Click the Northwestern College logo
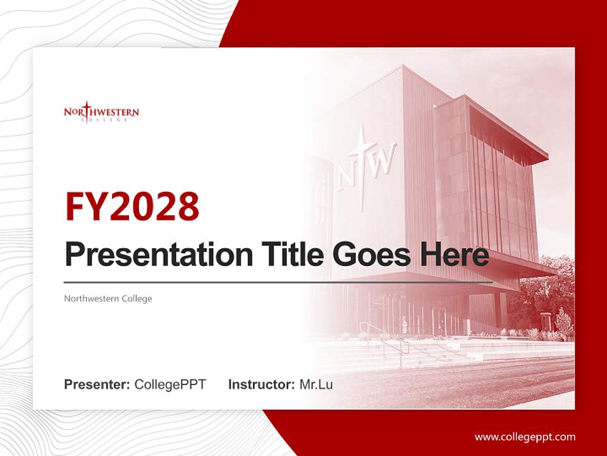tap(101, 113)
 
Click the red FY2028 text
tap(132, 206)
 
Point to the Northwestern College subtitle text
tap(108, 298)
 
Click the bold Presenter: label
tap(97, 384)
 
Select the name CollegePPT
tap(170, 384)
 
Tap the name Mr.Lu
tap(316, 384)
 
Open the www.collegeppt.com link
tap(525, 437)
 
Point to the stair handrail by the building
tap(386, 339)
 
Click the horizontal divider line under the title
tap(278, 282)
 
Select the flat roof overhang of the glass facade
tap(506, 127)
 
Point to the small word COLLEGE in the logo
tap(101, 120)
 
